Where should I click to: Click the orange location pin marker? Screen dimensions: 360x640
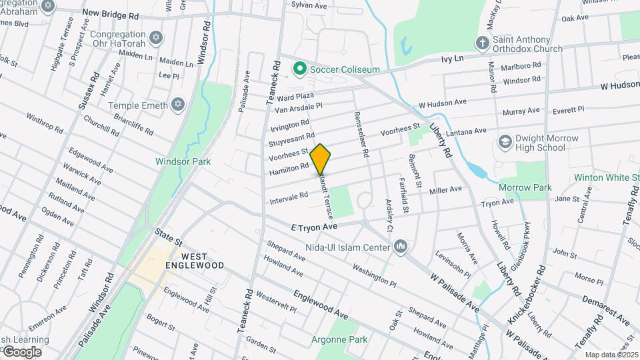(x=321, y=159)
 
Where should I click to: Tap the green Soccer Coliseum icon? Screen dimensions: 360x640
(x=300, y=69)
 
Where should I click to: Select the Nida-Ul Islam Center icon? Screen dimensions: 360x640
(x=401, y=247)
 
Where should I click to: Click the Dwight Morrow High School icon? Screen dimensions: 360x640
(x=505, y=143)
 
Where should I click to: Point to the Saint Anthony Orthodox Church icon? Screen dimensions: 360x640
(x=482, y=44)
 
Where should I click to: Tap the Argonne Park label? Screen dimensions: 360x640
(x=339, y=339)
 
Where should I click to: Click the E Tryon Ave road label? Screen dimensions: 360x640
(x=314, y=227)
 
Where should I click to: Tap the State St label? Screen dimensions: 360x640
(x=168, y=235)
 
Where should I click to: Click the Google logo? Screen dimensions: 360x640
(x=21, y=351)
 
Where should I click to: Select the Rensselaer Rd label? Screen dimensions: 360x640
(x=365, y=134)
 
